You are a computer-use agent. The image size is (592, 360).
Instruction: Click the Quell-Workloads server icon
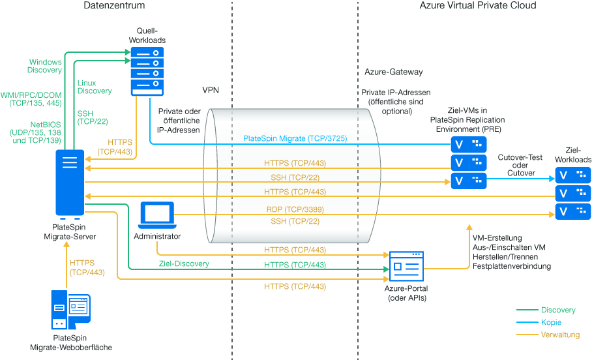click(x=147, y=70)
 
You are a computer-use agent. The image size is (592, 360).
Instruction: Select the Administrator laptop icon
click(x=158, y=215)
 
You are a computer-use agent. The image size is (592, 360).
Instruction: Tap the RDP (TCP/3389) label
click(x=295, y=210)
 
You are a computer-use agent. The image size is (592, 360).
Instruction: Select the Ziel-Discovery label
click(x=184, y=264)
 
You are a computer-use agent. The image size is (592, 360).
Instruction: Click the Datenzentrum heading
click(x=114, y=6)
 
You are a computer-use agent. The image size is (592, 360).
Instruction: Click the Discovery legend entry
click(x=558, y=310)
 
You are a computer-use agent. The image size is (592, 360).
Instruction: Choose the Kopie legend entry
click(x=551, y=323)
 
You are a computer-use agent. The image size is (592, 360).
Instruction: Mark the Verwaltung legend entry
click(x=561, y=335)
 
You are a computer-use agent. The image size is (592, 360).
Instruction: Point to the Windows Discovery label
click(x=44, y=66)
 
